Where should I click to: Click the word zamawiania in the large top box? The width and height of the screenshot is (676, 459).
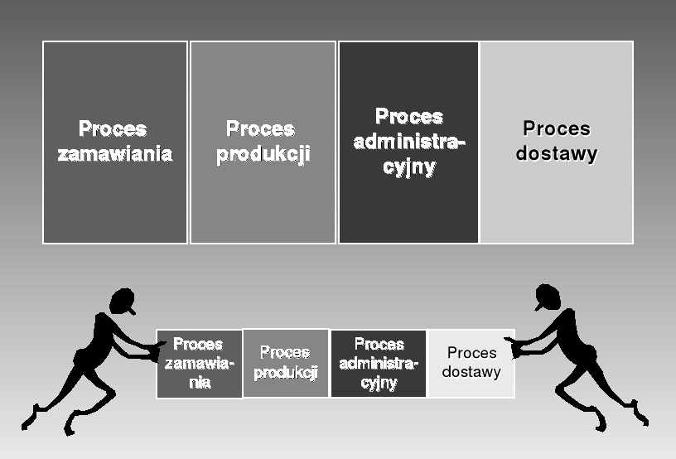coord(115,154)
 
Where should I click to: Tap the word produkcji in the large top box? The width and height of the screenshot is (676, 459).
coord(263,155)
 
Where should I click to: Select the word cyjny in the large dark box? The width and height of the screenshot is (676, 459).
coord(409,167)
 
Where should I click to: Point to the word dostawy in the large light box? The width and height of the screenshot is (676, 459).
coord(557,154)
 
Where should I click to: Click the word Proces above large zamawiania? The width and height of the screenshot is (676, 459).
coord(113,129)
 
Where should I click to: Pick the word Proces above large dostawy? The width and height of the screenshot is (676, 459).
coord(557,128)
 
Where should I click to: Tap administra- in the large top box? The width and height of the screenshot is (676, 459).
coord(409,142)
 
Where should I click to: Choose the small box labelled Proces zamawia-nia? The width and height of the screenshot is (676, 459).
coord(199,364)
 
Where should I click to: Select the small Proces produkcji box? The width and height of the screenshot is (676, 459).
coord(286,363)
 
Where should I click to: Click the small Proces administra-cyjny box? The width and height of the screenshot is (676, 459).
coord(379,364)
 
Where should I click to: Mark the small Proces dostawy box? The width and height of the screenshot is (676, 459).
coord(471,363)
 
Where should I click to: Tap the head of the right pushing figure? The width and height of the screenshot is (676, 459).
coord(548,297)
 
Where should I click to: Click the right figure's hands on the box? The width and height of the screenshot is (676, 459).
coord(518,345)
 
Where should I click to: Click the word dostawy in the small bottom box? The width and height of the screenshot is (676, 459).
coord(471,372)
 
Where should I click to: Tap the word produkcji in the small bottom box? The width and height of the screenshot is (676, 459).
coord(286,373)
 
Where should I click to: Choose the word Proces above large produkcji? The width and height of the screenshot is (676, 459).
coord(260,129)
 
